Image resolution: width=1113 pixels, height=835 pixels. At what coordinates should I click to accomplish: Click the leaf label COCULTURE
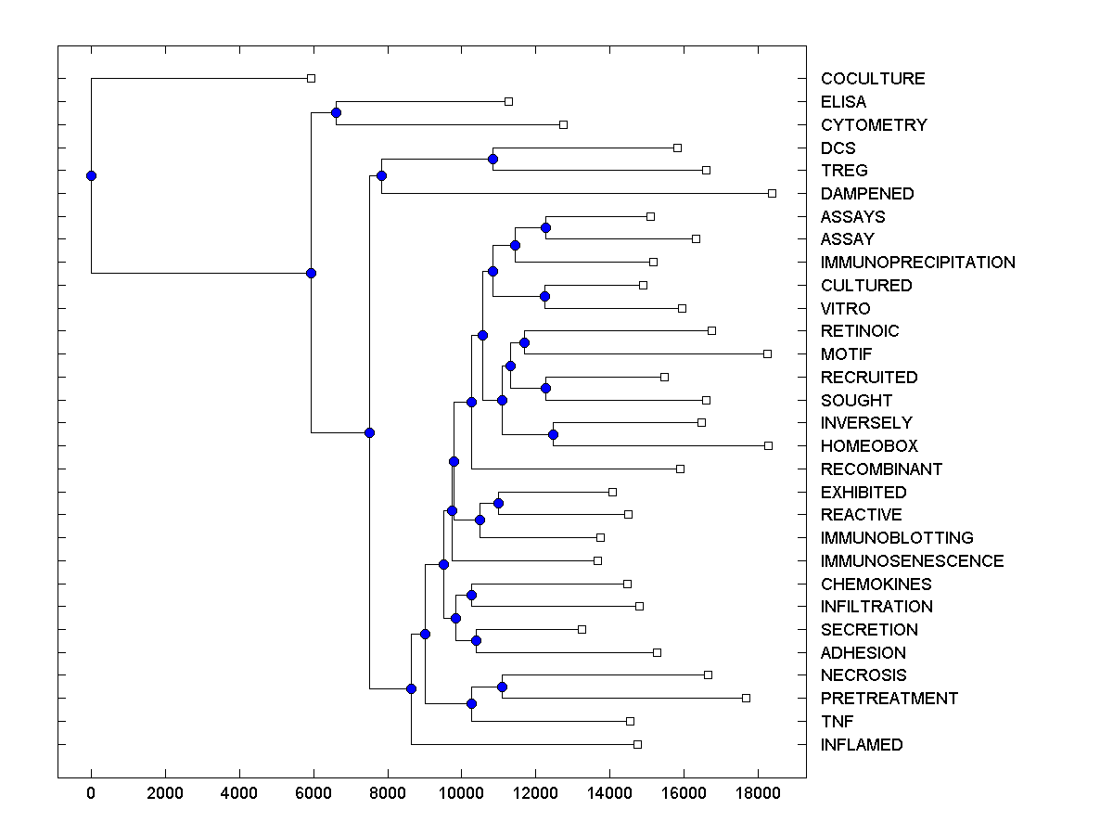tap(872, 79)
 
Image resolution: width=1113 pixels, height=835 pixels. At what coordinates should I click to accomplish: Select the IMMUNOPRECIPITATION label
tap(917, 263)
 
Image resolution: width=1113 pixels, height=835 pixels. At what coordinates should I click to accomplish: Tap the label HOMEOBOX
tap(868, 446)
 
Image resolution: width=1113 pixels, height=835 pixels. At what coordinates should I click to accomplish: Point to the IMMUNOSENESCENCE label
tap(912, 561)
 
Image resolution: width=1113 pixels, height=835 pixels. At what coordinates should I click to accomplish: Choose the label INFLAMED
tap(861, 745)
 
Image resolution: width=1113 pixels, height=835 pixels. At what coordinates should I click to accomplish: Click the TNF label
tap(837, 722)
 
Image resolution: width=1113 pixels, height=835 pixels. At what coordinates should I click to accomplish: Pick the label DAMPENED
tap(866, 194)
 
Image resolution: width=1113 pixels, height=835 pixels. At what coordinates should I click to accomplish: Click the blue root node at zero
tap(91, 175)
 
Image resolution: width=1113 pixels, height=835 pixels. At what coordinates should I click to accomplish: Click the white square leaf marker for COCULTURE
tap(312, 79)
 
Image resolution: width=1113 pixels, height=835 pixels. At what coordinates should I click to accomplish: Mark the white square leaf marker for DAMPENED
tap(772, 193)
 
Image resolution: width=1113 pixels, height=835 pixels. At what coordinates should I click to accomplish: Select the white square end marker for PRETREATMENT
tap(746, 698)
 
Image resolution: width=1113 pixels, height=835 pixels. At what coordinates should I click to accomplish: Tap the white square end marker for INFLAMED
tap(637, 744)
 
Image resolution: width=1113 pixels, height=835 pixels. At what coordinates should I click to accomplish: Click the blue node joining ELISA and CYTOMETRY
tap(336, 113)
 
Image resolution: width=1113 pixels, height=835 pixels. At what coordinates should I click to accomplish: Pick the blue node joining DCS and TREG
tap(493, 159)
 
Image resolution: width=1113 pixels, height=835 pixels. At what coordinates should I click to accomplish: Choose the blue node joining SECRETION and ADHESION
tap(476, 641)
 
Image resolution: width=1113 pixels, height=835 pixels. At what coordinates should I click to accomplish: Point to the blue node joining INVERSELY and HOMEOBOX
tap(553, 434)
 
